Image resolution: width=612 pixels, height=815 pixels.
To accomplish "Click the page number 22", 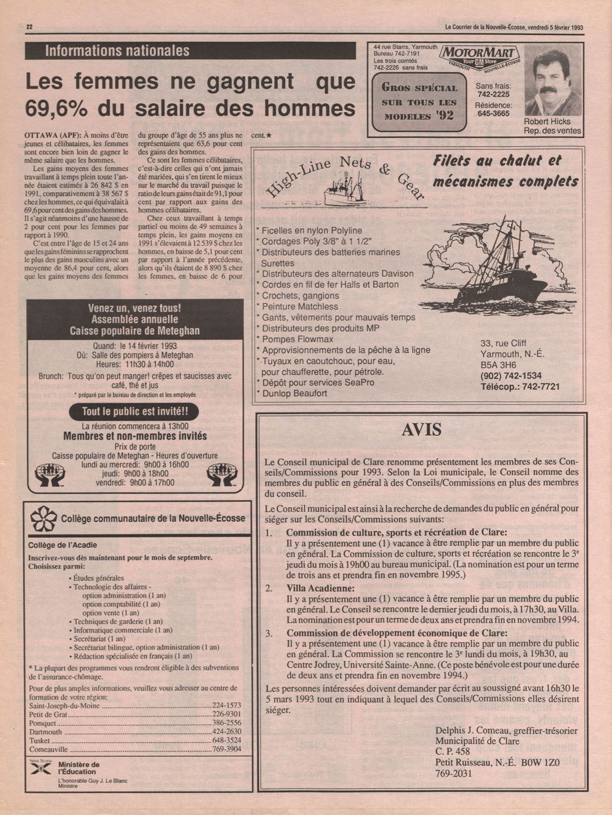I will (30, 27).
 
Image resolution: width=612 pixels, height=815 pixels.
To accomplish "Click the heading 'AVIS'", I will (421, 430).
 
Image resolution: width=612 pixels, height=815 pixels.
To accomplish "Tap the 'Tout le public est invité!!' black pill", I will (133, 411).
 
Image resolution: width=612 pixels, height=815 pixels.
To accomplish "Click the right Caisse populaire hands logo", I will (221, 475).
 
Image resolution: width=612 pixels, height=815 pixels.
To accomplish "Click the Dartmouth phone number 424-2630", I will (226, 731).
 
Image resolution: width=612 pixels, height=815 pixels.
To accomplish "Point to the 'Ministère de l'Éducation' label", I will (77, 768).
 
